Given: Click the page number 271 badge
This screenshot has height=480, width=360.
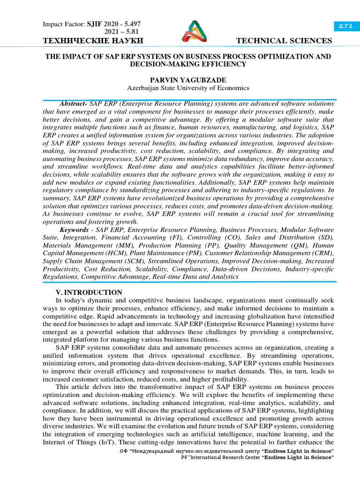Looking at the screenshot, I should (345, 27).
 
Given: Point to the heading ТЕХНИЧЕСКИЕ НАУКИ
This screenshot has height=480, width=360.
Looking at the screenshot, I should (93, 41).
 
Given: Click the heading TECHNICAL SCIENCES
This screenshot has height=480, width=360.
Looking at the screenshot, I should (285, 41).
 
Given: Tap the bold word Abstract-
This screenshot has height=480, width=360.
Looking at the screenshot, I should (74, 103).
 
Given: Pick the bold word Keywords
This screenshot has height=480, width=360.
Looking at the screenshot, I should (74, 230).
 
